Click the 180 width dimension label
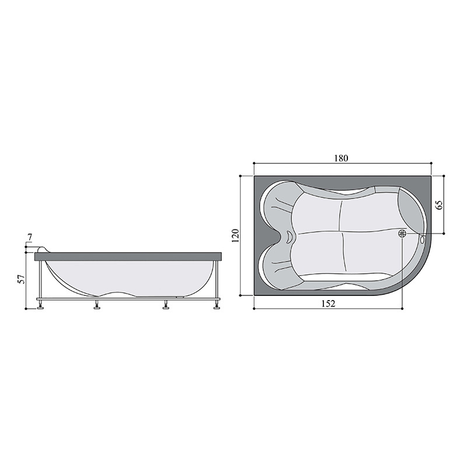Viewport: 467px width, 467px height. pos(341,158)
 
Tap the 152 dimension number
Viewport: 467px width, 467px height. pos(329,304)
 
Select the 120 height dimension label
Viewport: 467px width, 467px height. pos(236,236)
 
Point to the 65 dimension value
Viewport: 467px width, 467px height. pos(440,205)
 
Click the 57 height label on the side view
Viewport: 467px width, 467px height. pos(22,280)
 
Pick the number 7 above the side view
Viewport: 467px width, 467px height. pos(30,238)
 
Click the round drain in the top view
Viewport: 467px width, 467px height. pos(402,233)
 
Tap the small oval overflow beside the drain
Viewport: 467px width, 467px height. pos(422,239)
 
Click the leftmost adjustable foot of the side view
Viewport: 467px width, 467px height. pos(40,306)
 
